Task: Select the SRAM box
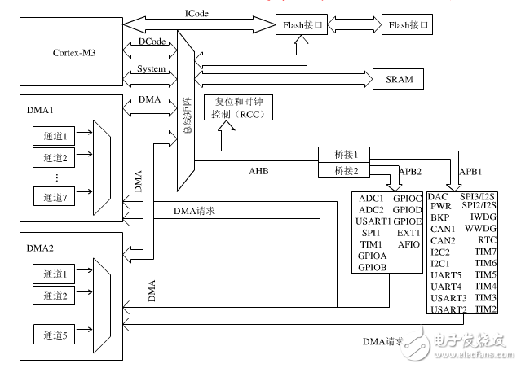click(x=404, y=80)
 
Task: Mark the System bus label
click(x=152, y=69)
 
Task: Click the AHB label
click(x=259, y=172)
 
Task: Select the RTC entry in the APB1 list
click(x=486, y=241)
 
